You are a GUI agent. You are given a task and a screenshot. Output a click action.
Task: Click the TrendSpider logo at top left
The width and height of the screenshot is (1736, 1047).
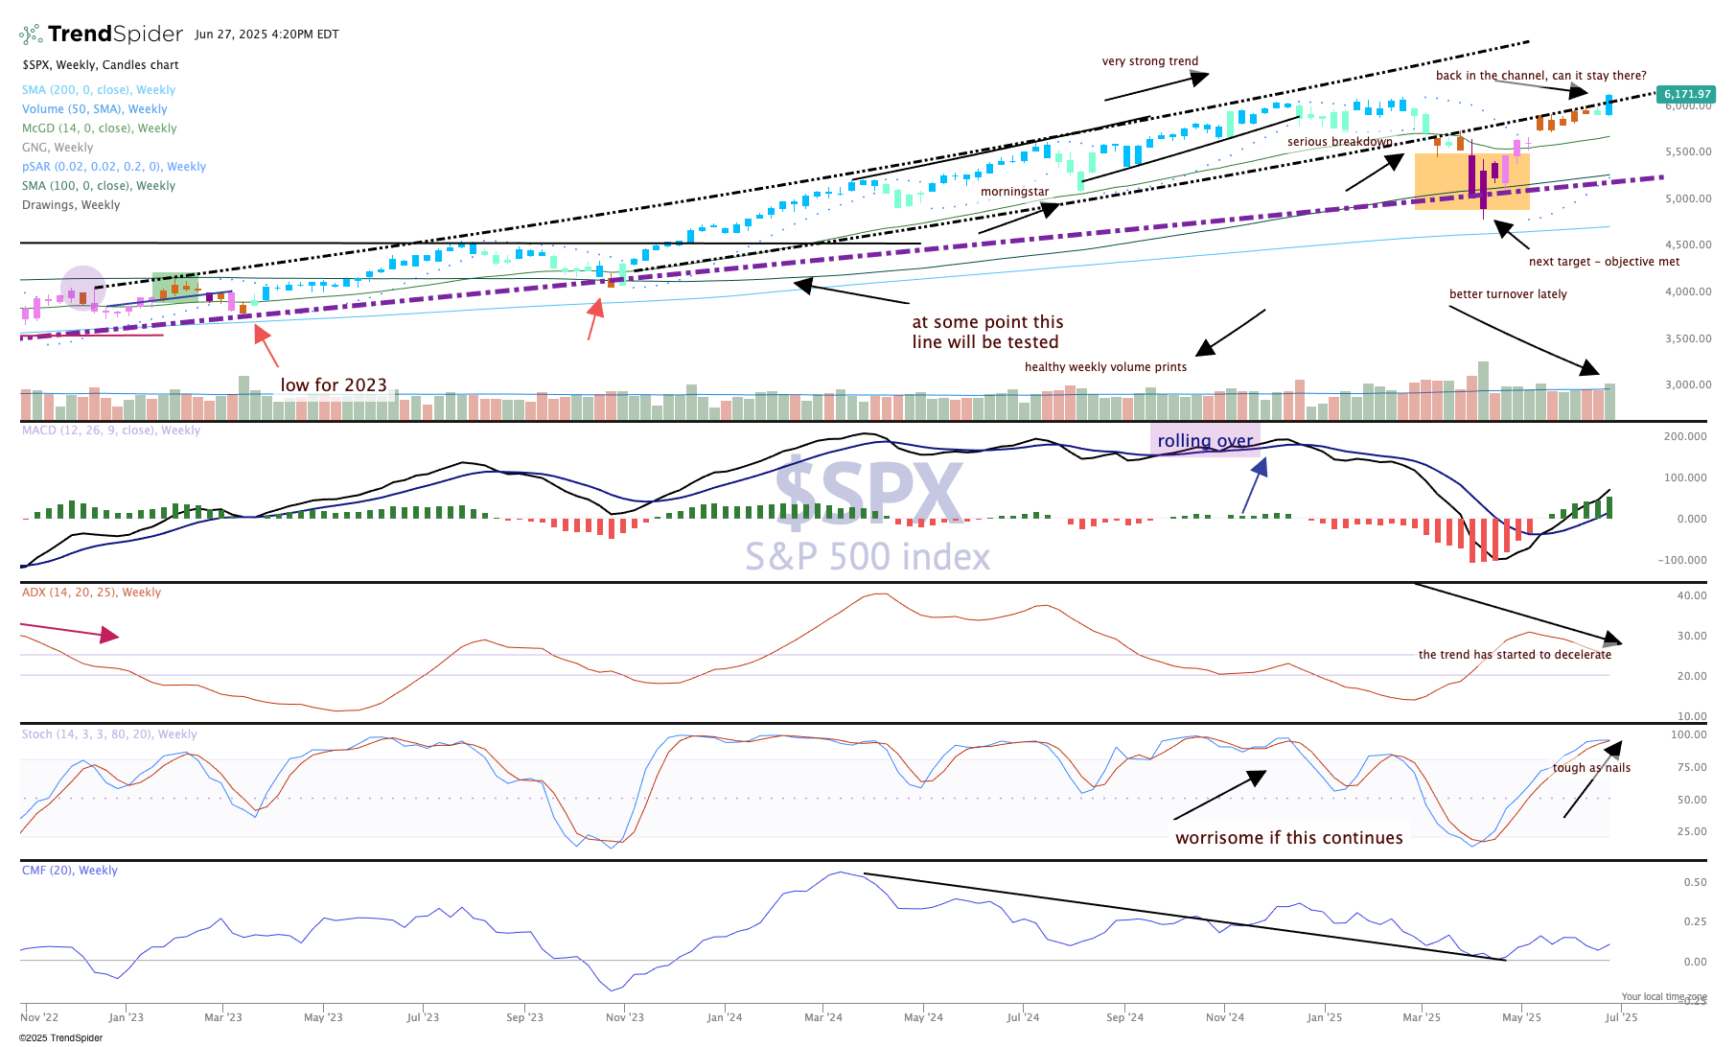tap(101, 35)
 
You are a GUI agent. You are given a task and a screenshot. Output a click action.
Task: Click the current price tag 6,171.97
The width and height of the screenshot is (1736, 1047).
tap(1686, 94)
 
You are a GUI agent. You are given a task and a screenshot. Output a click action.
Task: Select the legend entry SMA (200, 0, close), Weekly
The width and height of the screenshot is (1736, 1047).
tap(99, 90)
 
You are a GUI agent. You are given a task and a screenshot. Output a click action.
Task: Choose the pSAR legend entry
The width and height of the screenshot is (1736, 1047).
tap(114, 167)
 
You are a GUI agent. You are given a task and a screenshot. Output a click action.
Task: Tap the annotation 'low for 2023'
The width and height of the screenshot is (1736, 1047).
tap(334, 385)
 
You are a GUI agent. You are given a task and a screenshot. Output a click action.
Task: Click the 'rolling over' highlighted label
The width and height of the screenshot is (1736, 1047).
tap(1205, 441)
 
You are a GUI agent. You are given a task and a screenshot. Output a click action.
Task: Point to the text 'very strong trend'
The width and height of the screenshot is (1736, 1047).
tap(1150, 61)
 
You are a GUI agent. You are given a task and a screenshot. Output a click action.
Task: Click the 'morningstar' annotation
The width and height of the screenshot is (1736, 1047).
tap(1014, 192)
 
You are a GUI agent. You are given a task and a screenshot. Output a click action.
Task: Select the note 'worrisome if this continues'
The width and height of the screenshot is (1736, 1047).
tap(1288, 838)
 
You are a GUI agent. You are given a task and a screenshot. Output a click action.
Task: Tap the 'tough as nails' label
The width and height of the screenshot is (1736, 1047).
tap(1591, 768)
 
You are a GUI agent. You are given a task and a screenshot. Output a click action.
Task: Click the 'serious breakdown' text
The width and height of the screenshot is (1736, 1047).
tap(1339, 142)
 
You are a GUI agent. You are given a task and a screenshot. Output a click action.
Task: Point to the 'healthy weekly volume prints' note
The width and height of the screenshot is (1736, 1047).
tap(1105, 367)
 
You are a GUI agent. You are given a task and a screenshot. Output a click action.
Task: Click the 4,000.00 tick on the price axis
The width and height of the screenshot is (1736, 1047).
tap(1688, 291)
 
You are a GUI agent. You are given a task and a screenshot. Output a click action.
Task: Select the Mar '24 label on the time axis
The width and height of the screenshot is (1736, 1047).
tap(823, 1017)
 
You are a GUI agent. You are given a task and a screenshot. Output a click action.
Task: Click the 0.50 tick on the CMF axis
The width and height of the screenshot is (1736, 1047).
tap(1695, 882)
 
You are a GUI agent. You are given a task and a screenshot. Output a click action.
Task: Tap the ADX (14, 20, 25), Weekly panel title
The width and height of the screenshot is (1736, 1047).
tap(92, 593)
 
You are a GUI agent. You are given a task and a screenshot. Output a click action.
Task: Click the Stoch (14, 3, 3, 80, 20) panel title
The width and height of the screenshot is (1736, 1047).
tap(109, 734)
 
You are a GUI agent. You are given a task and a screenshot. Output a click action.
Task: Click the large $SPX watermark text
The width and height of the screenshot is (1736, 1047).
tap(868, 491)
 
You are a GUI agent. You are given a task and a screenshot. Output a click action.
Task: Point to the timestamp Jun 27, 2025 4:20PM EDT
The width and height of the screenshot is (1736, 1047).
tap(266, 35)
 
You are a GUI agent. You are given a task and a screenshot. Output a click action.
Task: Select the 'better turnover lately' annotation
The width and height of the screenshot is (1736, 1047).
tap(1508, 294)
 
